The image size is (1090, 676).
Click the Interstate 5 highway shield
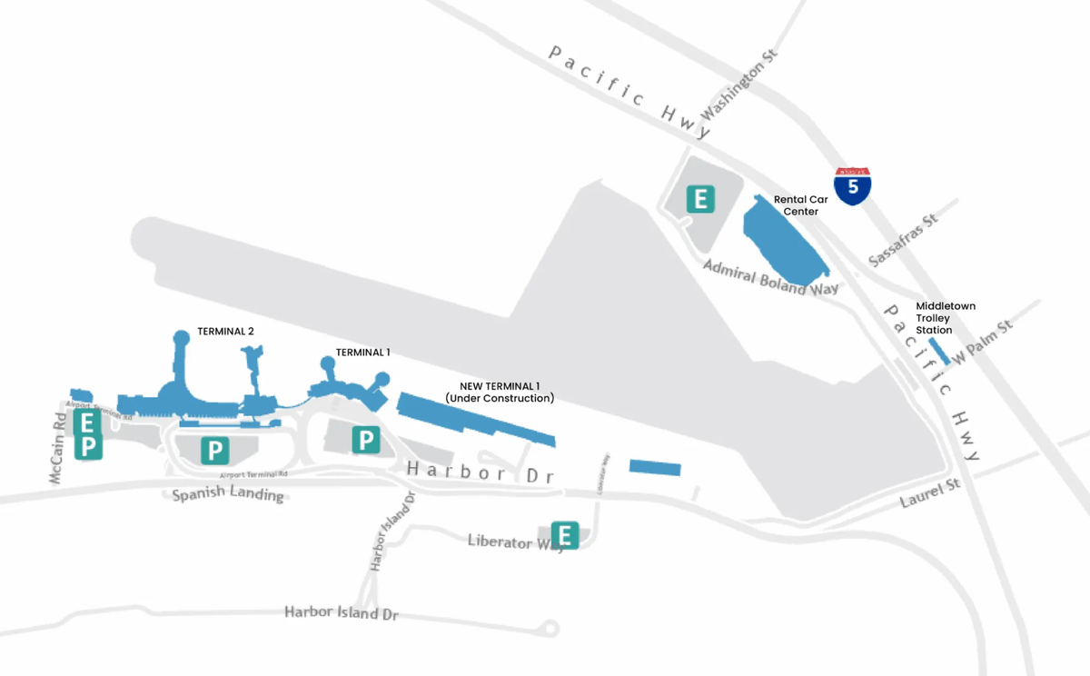pyautogui.click(x=853, y=186)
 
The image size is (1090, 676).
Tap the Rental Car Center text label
pyautogui.click(x=796, y=204)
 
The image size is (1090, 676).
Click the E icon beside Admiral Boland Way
pyautogui.click(x=700, y=199)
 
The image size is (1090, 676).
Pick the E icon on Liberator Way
pyautogui.click(x=565, y=535)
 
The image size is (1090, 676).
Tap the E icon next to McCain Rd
pyautogui.click(x=88, y=422)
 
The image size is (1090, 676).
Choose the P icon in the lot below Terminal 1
pyautogui.click(x=365, y=441)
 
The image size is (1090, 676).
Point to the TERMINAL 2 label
pyautogui.click(x=225, y=331)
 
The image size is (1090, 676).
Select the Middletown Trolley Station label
pyautogui.click(x=946, y=318)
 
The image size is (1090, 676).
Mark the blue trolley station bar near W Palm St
pyautogui.click(x=939, y=352)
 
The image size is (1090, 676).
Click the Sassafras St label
pyautogui.click(x=903, y=241)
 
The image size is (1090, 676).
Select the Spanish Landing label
pyautogui.click(x=228, y=496)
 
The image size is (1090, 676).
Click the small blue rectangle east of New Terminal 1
pyautogui.click(x=655, y=467)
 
